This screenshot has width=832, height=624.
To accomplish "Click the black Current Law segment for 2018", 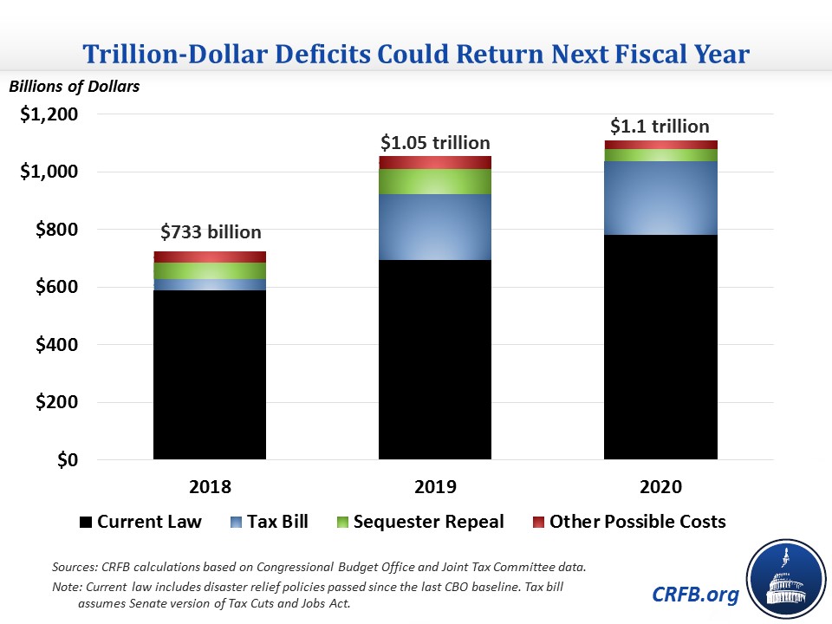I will point(210,374).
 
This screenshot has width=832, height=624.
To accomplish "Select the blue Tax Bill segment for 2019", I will point(435,227).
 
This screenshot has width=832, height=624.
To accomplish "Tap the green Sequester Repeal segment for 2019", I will point(435,181).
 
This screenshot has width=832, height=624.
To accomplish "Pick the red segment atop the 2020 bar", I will point(660,145).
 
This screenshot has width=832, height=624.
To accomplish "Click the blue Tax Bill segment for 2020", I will point(660,198).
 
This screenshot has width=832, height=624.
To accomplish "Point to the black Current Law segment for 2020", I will point(660,347).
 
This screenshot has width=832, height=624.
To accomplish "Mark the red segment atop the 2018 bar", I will point(210,257).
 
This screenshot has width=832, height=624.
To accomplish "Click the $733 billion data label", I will point(211,232).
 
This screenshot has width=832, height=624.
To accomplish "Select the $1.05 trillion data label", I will point(436,142).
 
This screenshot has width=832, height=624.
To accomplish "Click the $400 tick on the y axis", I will point(55,345).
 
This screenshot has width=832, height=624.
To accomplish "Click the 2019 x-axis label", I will point(435,486).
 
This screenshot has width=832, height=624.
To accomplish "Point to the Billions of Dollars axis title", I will point(74,86).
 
